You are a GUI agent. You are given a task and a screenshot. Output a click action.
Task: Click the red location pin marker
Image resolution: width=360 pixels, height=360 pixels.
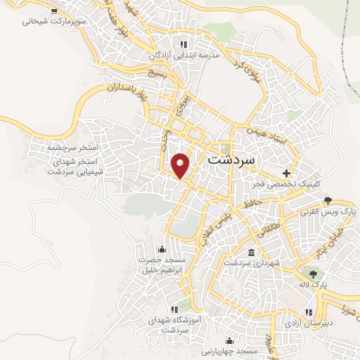point(181,165)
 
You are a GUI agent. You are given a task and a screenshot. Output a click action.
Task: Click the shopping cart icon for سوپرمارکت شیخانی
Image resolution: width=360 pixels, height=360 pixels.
point(55,11)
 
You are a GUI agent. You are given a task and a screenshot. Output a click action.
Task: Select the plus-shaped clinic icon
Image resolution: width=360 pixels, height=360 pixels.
point(286,172)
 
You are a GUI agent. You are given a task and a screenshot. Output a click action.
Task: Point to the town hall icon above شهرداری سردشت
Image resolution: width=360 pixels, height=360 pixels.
point(251,252)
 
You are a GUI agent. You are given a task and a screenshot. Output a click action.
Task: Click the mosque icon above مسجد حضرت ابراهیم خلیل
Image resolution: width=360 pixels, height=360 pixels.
point(162,248)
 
